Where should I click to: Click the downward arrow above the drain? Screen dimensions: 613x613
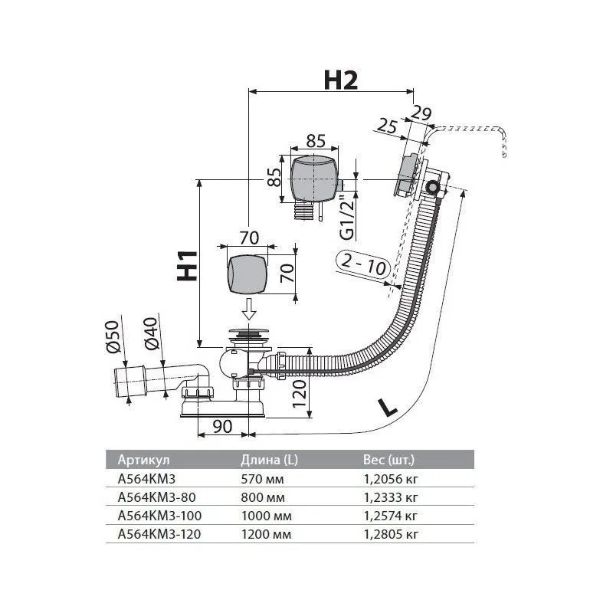point(247,310)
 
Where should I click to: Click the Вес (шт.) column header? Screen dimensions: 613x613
point(388,460)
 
